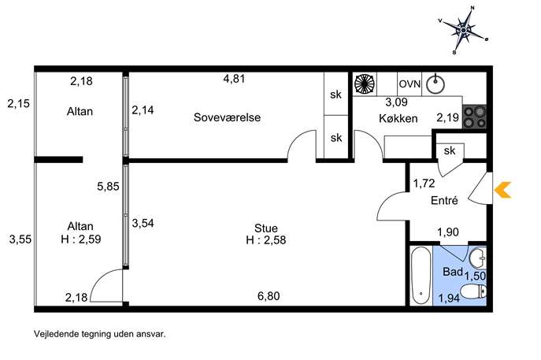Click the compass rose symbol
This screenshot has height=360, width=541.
click(466, 30)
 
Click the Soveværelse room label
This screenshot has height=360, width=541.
click(227, 118)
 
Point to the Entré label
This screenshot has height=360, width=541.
click(445, 202)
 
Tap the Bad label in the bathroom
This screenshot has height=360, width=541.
click(452, 272)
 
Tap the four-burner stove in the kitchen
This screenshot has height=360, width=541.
click(473, 117)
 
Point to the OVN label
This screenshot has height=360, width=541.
click(409, 84)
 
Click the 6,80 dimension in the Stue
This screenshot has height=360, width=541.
click(269, 296)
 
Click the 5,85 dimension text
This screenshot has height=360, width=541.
click(108, 187)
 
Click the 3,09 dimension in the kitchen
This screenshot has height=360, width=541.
click(396, 102)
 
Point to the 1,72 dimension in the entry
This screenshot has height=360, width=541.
click(425, 184)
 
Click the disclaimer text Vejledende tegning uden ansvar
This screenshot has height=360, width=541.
click(100, 333)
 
